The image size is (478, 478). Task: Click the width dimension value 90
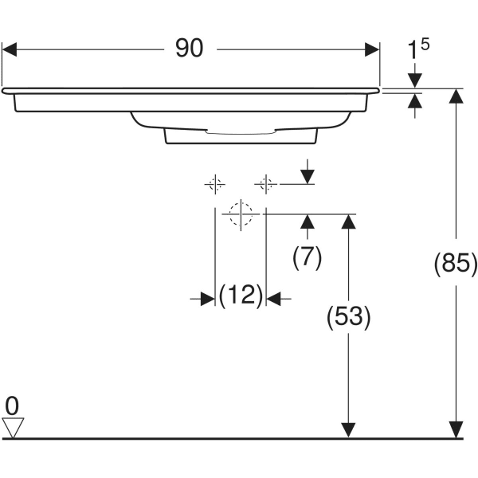click(190, 49)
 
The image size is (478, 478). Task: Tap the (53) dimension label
click(348, 318)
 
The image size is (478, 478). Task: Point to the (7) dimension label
click(307, 257)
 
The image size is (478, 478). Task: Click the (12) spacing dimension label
click(241, 296)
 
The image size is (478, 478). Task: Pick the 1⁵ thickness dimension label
click(418, 51)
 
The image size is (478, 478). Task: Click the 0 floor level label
click(12, 406)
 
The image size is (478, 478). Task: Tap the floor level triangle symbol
click(14, 428)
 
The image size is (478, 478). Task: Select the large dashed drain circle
click(240, 214)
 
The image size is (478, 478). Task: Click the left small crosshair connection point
click(214, 184)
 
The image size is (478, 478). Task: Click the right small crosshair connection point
click(266, 184)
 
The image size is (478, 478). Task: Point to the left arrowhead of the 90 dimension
click(10, 49)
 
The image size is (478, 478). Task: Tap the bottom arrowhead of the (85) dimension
click(456, 429)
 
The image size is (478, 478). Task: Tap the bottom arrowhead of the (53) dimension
click(348, 429)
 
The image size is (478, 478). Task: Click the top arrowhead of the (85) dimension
click(456, 96)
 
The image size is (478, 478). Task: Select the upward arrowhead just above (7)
click(308, 221)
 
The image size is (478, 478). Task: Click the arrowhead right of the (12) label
click(273, 298)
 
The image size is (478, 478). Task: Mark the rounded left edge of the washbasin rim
click(6, 91)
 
